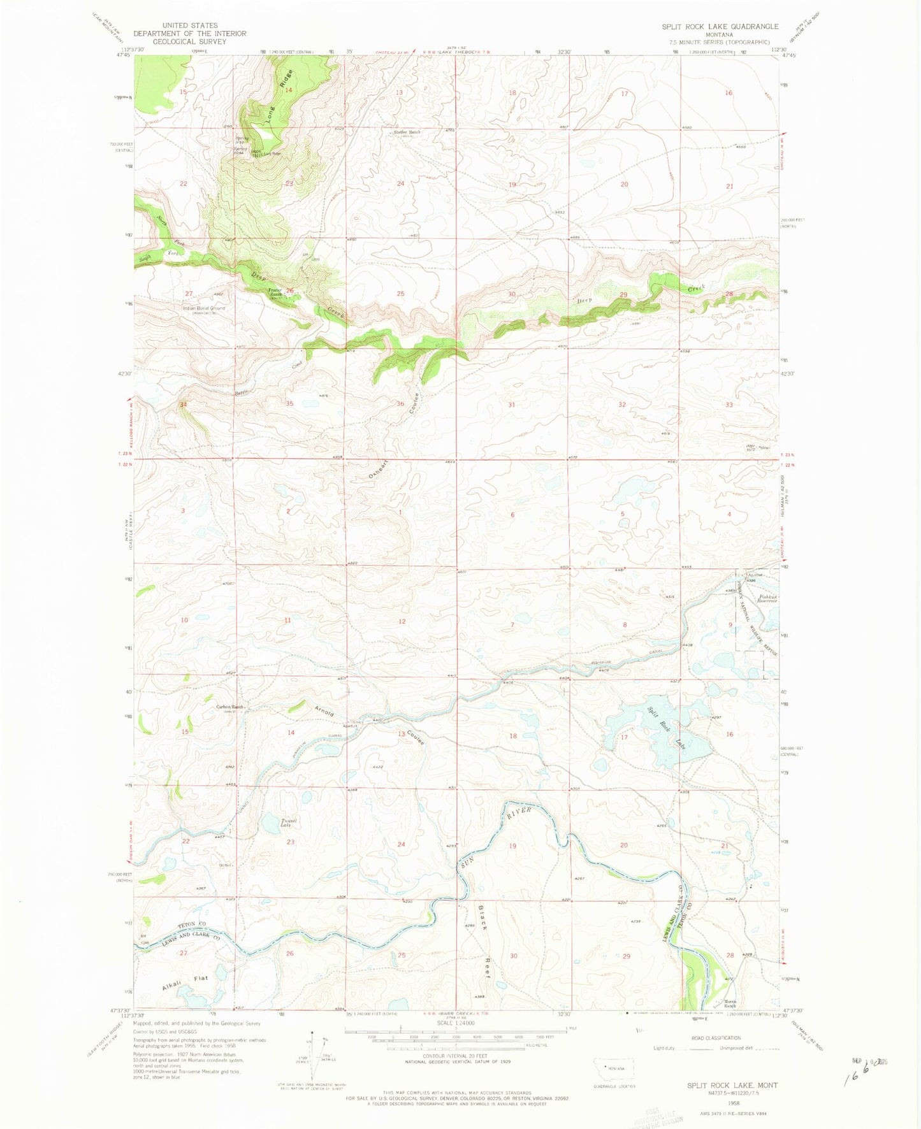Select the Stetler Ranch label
407,133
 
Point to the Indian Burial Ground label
203,308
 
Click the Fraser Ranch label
275,292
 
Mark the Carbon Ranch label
230,707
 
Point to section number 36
400,404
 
